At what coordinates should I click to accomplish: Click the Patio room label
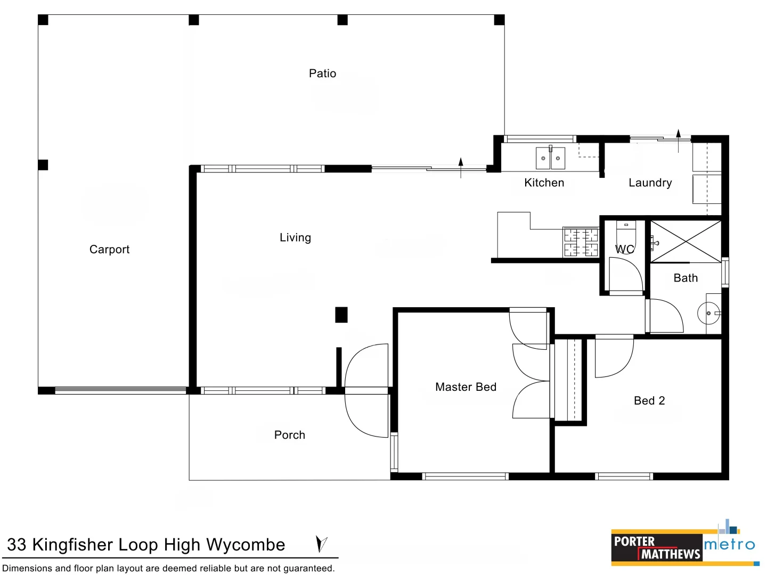click(x=322, y=73)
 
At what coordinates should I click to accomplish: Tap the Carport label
click(x=109, y=249)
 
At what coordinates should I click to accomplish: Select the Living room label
click(x=295, y=237)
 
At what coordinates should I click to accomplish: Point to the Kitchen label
click(x=544, y=183)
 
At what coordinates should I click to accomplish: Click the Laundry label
click(x=650, y=183)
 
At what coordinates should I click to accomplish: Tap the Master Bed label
click(x=466, y=387)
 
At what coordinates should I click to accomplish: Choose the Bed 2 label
click(x=649, y=400)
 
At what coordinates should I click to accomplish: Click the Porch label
click(x=290, y=434)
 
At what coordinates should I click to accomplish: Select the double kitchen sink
click(x=550, y=158)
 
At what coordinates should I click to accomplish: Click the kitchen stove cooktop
click(x=581, y=242)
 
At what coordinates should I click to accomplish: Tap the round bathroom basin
click(x=708, y=313)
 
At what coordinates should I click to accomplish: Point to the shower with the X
click(x=686, y=241)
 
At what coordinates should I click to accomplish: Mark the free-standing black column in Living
click(x=341, y=315)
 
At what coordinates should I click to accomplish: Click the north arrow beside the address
click(x=322, y=544)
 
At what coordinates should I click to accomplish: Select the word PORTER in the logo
click(x=634, y=541)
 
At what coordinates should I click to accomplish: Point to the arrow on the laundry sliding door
click(x=678, y=141)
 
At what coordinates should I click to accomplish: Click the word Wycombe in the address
click(x=246, y=545)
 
